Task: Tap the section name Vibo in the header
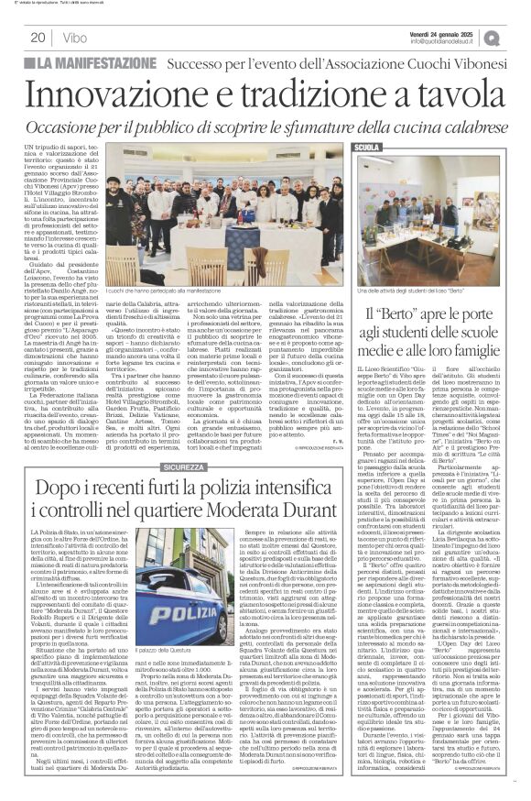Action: pyautogui.click(x=75, y=38)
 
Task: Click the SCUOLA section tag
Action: pyautogui.click(x=367, y=146)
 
